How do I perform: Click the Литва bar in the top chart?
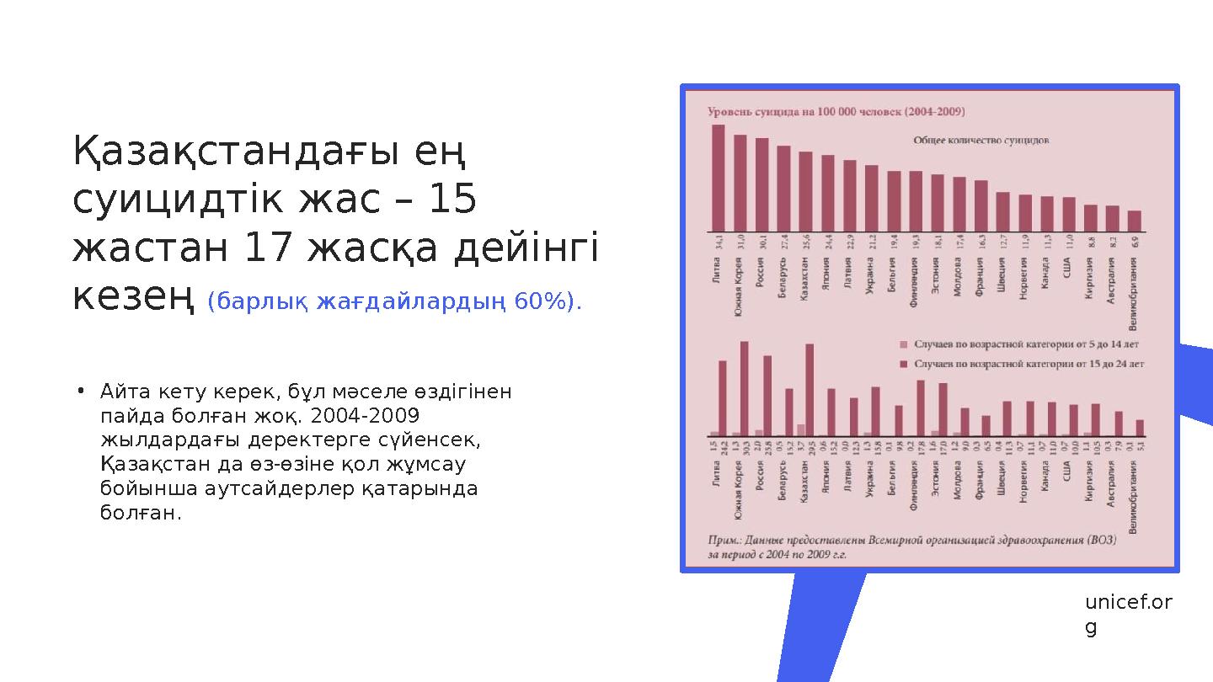[x=718, y=178]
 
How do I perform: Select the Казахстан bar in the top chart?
[x=805, y=191]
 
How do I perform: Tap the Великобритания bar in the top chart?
[x=1134, y=221]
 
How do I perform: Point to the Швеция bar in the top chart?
[x=1002, y=211]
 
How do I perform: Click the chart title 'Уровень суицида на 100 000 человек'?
[x=836, y=111]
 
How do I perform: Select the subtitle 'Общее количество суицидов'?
[x=981, y=141]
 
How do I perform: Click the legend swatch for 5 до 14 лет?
[x=904, y=344]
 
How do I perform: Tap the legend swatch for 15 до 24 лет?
[x=904, y=365]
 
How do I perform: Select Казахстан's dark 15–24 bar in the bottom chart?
[x=810, y=390]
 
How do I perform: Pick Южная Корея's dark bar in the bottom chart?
[x=744, y=388]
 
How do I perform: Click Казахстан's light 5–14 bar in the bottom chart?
[x=801, y=429]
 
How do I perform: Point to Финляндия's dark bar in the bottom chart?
[x=921, y=408]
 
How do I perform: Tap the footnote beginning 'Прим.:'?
[x=910, y=547]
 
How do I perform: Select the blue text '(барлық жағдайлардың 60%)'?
[x=394, y=301]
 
